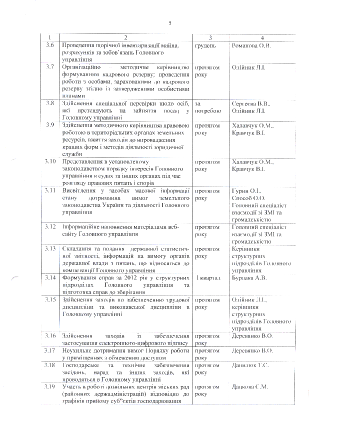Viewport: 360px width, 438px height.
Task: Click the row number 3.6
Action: point(49,46)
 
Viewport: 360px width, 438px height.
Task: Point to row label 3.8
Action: point(49,103)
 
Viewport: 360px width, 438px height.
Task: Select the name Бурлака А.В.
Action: point(250,278)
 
